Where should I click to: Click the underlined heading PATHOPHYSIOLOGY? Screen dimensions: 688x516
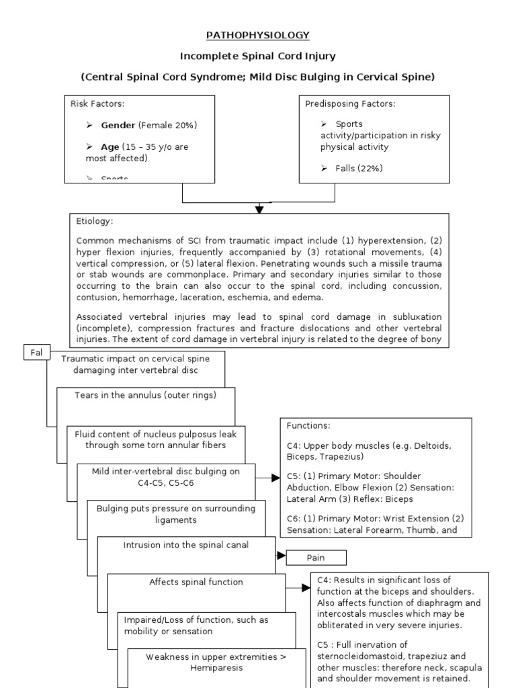pos(258,35)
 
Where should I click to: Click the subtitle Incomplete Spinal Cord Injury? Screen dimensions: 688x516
pos(258,56)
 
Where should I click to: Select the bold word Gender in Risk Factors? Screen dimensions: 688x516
pos(118,126)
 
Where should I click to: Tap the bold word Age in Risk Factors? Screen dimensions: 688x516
pos(110,147)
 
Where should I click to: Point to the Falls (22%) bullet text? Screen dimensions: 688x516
pos(359,169)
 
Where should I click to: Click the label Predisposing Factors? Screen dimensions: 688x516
pos(350,103)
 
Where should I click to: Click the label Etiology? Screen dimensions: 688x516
pos(95,221)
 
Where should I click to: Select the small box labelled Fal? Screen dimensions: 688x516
pos(37,353)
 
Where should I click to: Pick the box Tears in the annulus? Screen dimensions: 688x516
pos(146,395)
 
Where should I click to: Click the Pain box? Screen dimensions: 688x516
pos(316,558)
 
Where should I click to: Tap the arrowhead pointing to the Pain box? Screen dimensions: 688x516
pos(282,556)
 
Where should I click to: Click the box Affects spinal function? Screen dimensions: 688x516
pos(196,582)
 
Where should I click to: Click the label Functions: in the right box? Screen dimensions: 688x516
pos(308,426)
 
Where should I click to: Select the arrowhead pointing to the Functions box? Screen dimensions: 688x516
pos(275,478)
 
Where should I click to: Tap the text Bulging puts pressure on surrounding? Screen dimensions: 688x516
pos(176,509)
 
